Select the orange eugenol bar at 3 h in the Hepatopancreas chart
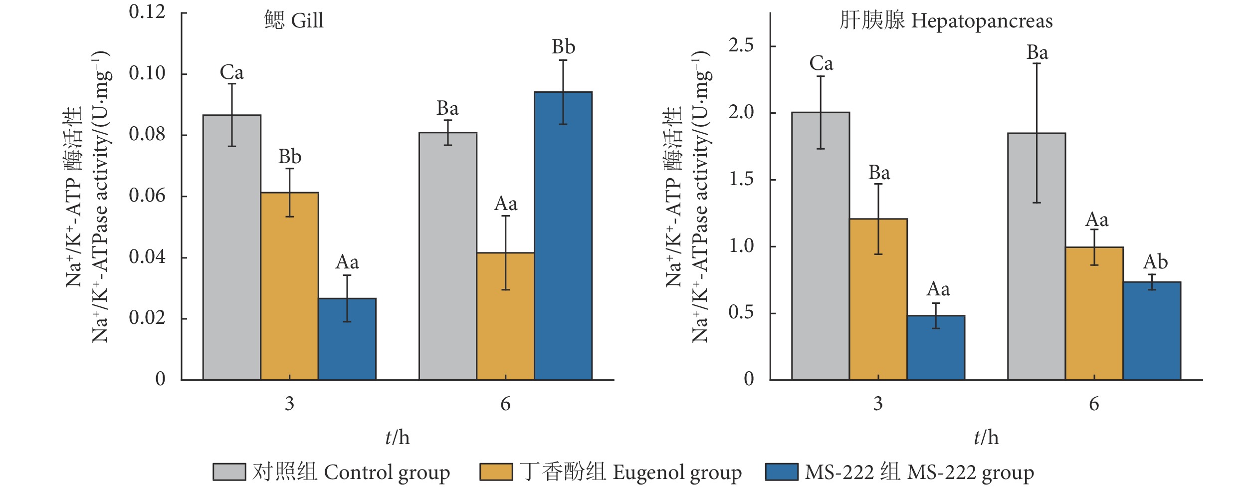[878, 299]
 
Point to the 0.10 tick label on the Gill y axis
[147, 73]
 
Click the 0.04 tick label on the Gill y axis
[147, 257]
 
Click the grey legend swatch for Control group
[229, 472]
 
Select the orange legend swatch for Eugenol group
[496, 472]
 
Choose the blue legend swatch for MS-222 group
[781, 472]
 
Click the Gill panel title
[294, 21]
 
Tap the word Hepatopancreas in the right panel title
[982, 21]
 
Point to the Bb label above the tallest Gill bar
[563, 47]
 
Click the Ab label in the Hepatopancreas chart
[1155, 262]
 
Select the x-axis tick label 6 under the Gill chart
[505, 404]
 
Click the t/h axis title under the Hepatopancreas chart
[986, 438]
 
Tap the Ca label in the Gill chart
[231, 73]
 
